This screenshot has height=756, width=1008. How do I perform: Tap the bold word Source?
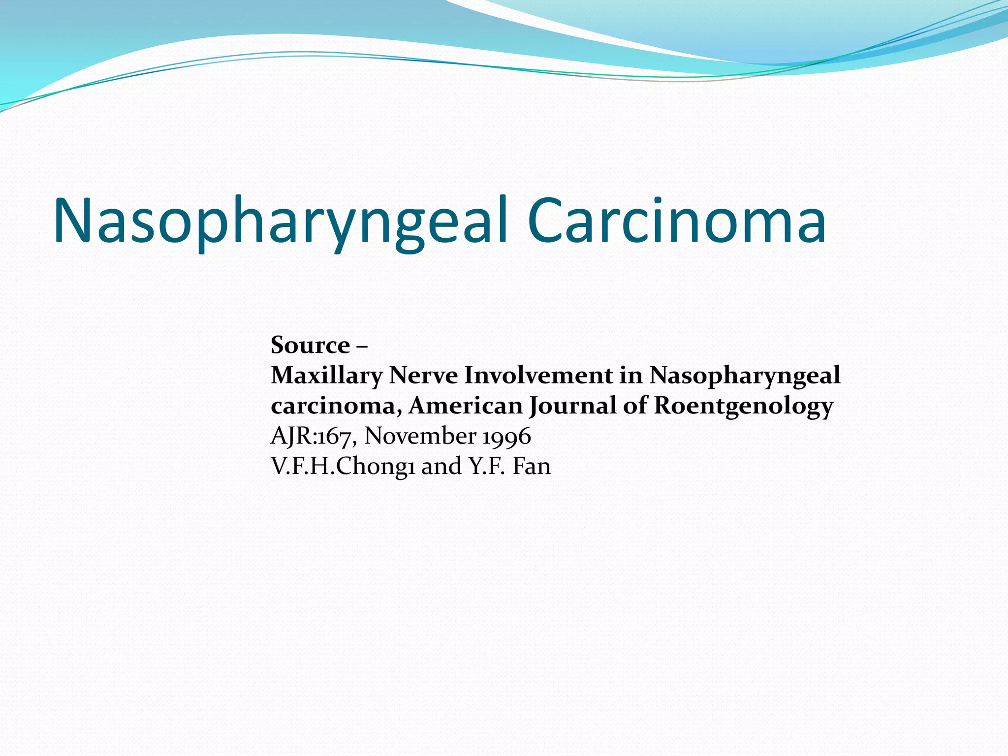click(310, 345)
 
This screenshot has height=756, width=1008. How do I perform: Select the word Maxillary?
click(326, 376)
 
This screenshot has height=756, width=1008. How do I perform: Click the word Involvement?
click(538, 376)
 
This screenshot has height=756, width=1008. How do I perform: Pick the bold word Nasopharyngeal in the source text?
click(745, 376)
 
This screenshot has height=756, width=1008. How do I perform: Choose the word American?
click(466, 406)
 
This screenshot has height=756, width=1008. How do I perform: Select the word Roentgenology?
click(743, 406)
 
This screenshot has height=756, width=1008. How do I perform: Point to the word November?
click(420, 436)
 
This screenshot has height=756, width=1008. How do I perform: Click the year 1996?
click(506, 436)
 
